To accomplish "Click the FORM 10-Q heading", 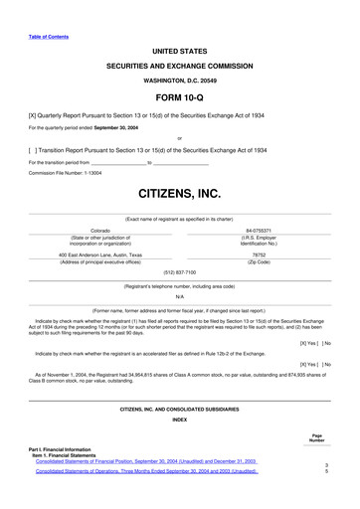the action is tap(179, 98).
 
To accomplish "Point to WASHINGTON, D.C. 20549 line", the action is tap(179, 80).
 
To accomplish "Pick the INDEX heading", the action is tap(179, 420).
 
